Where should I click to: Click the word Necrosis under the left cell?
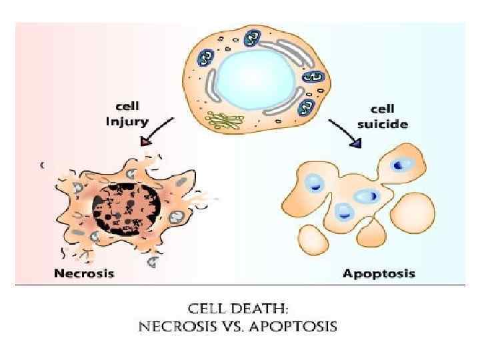pyautogui.click(x=84, y=273)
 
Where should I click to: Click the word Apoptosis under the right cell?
pyautogui.click(x=379, y=273)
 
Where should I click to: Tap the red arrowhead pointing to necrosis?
pyautogui.click(x=145, y=141)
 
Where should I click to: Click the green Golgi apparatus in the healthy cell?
pyautogui.click(x=226, y=120)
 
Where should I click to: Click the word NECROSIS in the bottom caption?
pyautogui.click(x=174, y=327)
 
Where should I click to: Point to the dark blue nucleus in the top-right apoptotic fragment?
pyautogui.click(x=399, y=164)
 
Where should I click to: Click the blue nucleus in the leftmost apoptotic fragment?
pyautogui.click(x=313, y=183)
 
